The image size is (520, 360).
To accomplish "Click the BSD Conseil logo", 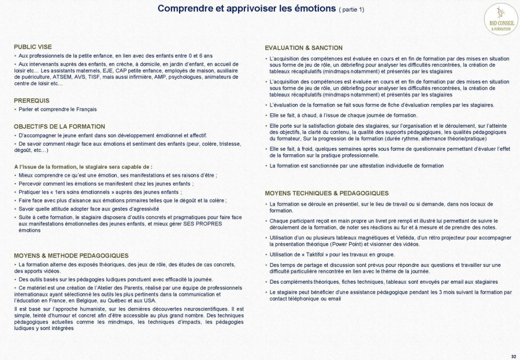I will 500,18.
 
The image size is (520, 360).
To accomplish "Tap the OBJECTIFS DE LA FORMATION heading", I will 60,126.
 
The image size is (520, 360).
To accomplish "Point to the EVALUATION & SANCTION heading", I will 303,48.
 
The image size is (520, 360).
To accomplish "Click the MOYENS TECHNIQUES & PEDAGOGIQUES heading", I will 326,193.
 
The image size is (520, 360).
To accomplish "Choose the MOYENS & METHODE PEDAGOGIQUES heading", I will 71,255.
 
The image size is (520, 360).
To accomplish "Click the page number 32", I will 514,355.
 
